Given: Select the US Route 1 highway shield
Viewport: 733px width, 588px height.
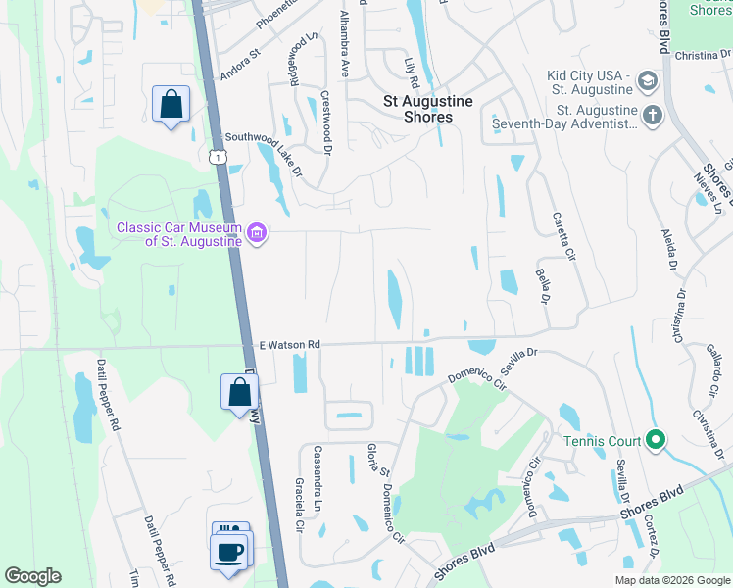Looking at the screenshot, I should pos(218,157).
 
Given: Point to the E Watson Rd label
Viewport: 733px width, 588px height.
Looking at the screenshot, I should pos(290,345).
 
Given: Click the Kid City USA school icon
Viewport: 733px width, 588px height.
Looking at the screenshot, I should pos(647,79).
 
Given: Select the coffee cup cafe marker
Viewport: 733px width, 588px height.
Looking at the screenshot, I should pos(228,551).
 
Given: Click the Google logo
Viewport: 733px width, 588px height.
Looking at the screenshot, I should pos(33,576).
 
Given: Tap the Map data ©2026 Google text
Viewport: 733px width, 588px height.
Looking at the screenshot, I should pos(671,580).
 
